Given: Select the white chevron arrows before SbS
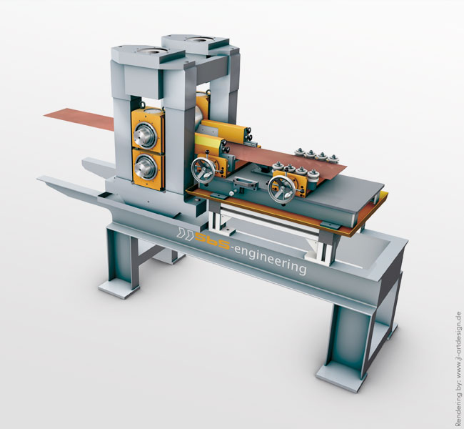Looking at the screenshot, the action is click(186, 233).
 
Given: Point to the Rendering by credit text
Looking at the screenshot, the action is click(458, 369).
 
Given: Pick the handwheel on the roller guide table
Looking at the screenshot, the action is click(281, 189).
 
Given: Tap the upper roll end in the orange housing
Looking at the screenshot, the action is click(145, 135).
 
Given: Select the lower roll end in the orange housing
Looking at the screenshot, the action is click(146, 167).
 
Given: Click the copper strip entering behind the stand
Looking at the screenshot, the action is click(79, 119).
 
